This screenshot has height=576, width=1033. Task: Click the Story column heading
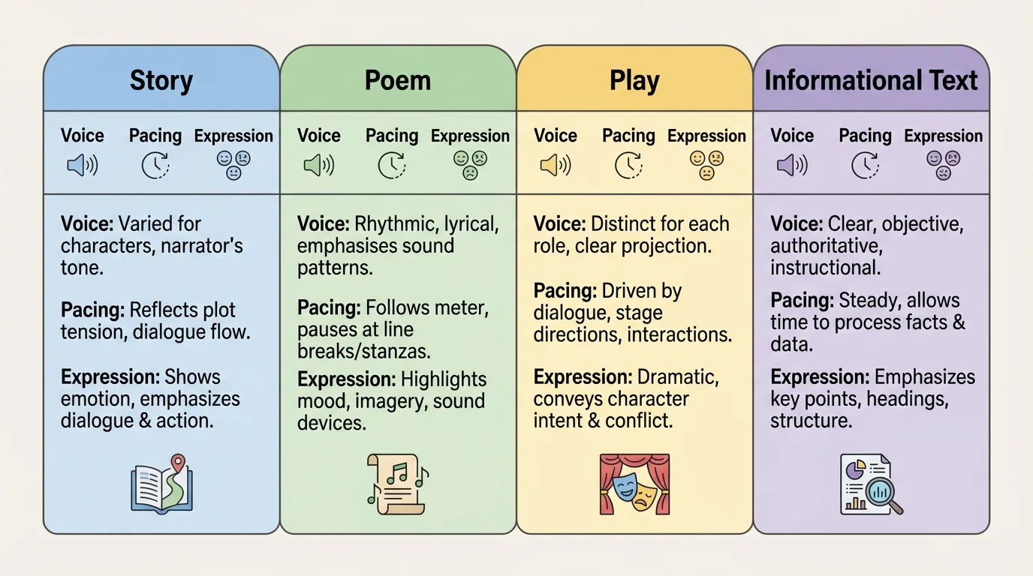[161, 80]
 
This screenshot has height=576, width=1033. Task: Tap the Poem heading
[398, 80]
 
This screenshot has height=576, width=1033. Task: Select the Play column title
[634, 80]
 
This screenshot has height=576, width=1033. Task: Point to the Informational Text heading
[871, 80]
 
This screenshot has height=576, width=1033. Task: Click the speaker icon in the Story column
[83, 165]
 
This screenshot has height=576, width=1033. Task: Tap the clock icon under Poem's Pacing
[392, 165]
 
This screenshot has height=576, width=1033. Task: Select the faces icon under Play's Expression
[706, 165]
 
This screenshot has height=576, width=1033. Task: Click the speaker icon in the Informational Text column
[792, 165]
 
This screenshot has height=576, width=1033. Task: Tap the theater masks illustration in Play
[634, 484]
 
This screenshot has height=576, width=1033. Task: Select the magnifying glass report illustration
[871, 484]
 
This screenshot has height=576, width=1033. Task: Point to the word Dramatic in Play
[677, 377]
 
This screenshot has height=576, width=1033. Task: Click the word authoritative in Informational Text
[824, 245]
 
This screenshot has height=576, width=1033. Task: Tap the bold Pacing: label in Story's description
[92, 310]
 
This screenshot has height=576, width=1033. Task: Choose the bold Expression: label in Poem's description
[345, 379]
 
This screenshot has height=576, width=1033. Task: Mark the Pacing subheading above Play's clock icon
[628, 136]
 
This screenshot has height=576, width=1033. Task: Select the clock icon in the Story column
[155, 165]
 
